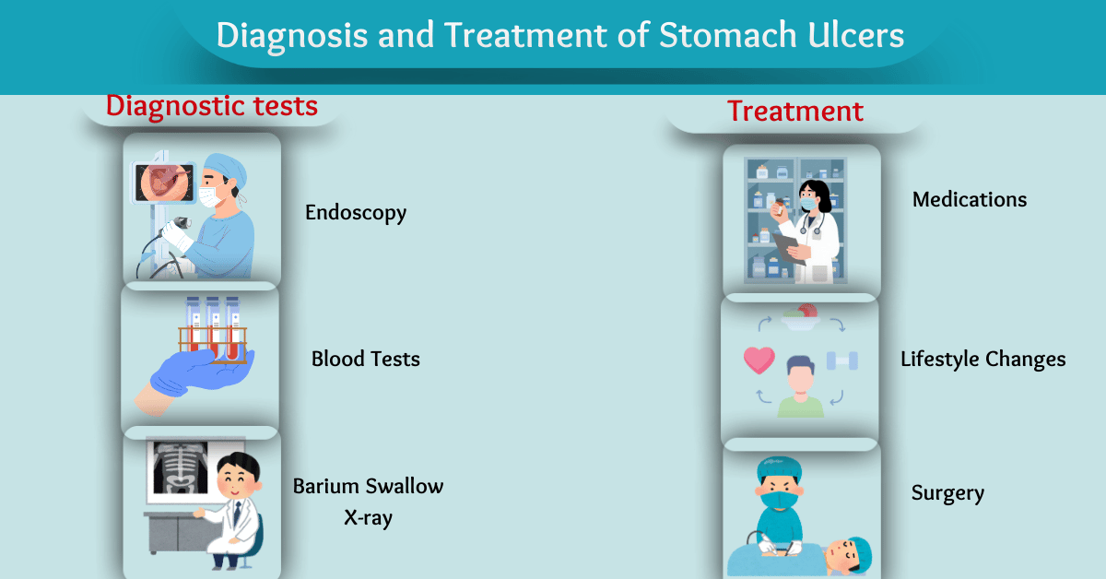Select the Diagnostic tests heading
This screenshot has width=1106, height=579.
(x=212, y=106)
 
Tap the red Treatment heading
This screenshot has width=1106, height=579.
(x=795, y=112)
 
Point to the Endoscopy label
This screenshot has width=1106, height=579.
(x=356, y=213)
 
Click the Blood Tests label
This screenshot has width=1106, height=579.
(x=365, y=359)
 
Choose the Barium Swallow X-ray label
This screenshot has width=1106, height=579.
(x=368, y=501)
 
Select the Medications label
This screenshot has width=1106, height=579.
(x=969, y=199)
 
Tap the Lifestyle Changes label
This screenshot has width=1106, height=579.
(x=982, y=359)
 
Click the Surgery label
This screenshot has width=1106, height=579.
(x=947, y=493)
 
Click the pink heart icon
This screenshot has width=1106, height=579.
(x=759, y=360)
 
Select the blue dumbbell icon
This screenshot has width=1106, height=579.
(x=842, y=360)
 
